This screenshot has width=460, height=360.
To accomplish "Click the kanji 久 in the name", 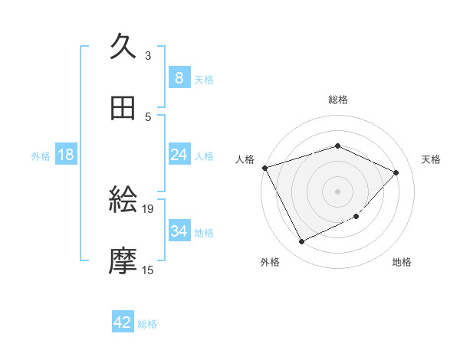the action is (123, 48).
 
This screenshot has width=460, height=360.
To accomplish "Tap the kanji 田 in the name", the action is (123, 110).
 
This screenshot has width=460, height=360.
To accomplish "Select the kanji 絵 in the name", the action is (123, 201).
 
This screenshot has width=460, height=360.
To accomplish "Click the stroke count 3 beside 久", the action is (148, 55).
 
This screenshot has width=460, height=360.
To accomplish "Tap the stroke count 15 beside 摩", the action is (148, 270).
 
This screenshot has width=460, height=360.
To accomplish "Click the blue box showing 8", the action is (179, 78).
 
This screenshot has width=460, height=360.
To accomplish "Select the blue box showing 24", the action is (179, 155).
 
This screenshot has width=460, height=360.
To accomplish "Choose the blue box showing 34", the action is (179, 231).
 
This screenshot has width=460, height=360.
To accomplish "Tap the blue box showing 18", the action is (66, 155).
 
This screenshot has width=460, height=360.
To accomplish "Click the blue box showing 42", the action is (122, 322).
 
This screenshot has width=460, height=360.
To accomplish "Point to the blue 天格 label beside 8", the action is (204, 79).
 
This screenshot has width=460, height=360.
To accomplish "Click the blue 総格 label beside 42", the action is (147, 324).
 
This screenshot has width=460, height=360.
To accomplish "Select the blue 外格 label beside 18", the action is (41, 155).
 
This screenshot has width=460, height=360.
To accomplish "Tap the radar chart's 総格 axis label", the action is (337, 100).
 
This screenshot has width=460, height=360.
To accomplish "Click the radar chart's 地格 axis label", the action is (402, 262).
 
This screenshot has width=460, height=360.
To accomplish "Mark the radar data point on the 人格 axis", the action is (264, 168).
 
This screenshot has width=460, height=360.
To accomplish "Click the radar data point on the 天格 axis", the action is (396, 172).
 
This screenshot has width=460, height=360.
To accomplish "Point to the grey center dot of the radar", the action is (337, 191).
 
